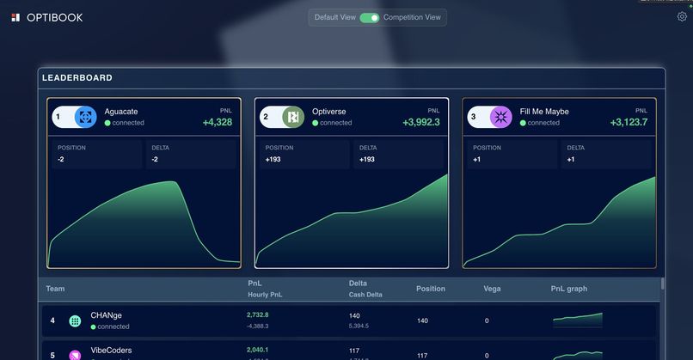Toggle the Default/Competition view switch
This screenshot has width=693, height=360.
click(369, 17)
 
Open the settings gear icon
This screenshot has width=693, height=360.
click(682, 17)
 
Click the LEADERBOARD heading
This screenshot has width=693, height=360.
click(77, 78)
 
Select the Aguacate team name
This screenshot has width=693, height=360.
click(121, 112)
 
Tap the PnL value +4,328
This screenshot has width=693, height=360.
click(217, 123)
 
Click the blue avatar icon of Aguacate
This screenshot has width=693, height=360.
click(85, 117)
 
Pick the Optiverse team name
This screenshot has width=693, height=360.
click(330, 112)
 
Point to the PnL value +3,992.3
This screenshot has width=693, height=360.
click(420, 123)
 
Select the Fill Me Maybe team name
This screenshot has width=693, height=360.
click(544, 112)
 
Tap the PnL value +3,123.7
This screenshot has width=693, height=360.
click(629, 123)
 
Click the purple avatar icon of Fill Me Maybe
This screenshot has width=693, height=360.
click(500, 117)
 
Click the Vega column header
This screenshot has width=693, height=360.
click(492, 289)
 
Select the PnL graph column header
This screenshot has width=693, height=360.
click(569, 289)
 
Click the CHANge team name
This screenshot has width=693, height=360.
click(107, 315)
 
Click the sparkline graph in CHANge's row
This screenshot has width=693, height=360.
click(577, 320)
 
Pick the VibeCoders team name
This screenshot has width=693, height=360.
click(111, 351)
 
